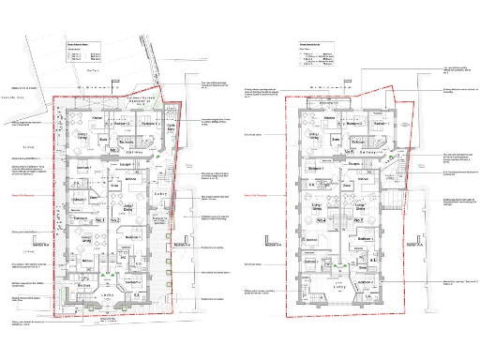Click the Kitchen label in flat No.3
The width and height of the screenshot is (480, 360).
point(96,118)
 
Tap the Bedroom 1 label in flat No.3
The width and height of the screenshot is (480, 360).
point(145,123)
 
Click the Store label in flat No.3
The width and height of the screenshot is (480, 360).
point(103,139)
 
